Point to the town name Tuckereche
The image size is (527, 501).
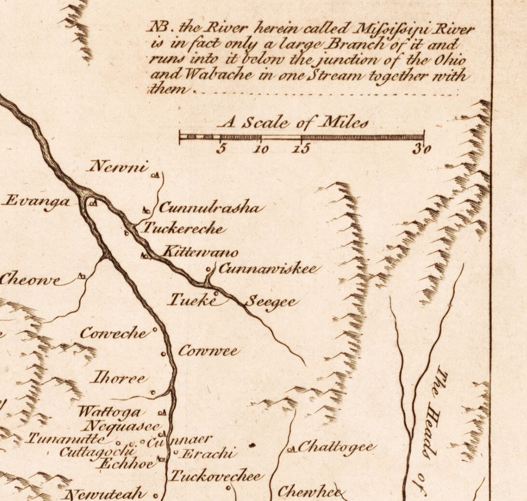pos(183,228)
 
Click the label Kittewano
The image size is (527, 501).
pos(200,252)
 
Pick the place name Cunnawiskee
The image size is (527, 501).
pos(267,269)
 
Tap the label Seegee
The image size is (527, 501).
pos(271,302)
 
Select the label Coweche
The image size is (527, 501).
pos(114,333)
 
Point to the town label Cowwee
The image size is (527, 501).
pos(208,351)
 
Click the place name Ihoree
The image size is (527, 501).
pos(119,378)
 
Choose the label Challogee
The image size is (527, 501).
pos(337,447)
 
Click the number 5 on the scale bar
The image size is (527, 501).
pos(221,149)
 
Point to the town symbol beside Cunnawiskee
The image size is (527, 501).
pos(209,269)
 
